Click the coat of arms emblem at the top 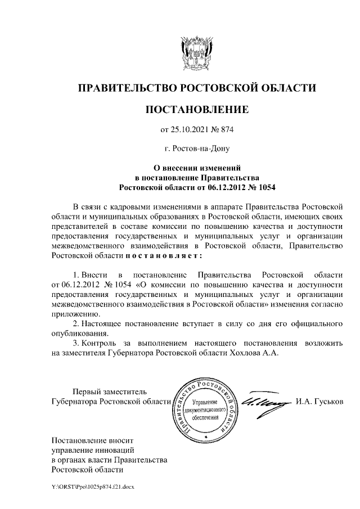tap(196, 53)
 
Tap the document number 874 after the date tap(225, 130)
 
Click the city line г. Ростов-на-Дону tap(196, 149)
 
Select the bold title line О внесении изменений tap(197, 168)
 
